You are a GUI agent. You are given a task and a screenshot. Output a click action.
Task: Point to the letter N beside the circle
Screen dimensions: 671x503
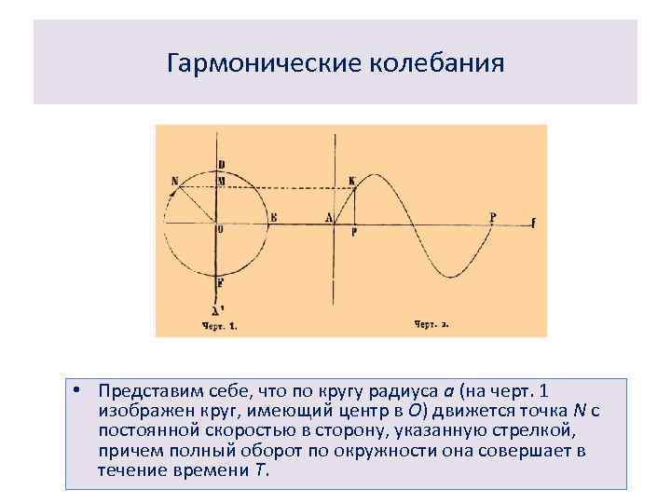pyautogui.click(x=175, y=180)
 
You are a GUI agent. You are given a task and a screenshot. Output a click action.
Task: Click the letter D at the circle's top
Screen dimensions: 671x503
pyautogui.click(x=221, y=165)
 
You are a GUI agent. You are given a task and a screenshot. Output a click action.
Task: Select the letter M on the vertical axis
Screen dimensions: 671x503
pyautogui.click(x=222, y=180)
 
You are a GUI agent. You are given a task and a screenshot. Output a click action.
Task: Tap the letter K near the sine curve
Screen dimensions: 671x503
pyautogui.click(x=350, y=180)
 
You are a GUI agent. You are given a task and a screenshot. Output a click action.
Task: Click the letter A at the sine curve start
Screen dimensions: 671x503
pyautogui.click(x=329, y=218)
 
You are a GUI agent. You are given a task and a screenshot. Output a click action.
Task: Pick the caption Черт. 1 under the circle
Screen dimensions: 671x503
pyautogui.click(x=220, y=326)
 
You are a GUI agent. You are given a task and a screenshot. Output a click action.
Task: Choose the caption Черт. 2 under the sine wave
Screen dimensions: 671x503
pyautogui.click(x=431, y=325)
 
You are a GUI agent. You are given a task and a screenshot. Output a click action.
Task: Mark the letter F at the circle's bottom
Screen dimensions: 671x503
pyautogui.click(x=220, y=282)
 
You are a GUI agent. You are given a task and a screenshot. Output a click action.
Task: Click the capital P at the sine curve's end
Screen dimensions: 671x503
pyautogui.click(x=493, y=217)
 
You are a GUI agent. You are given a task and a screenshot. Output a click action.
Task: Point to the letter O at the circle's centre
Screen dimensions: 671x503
pyautogui.click(x=220, y=228)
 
